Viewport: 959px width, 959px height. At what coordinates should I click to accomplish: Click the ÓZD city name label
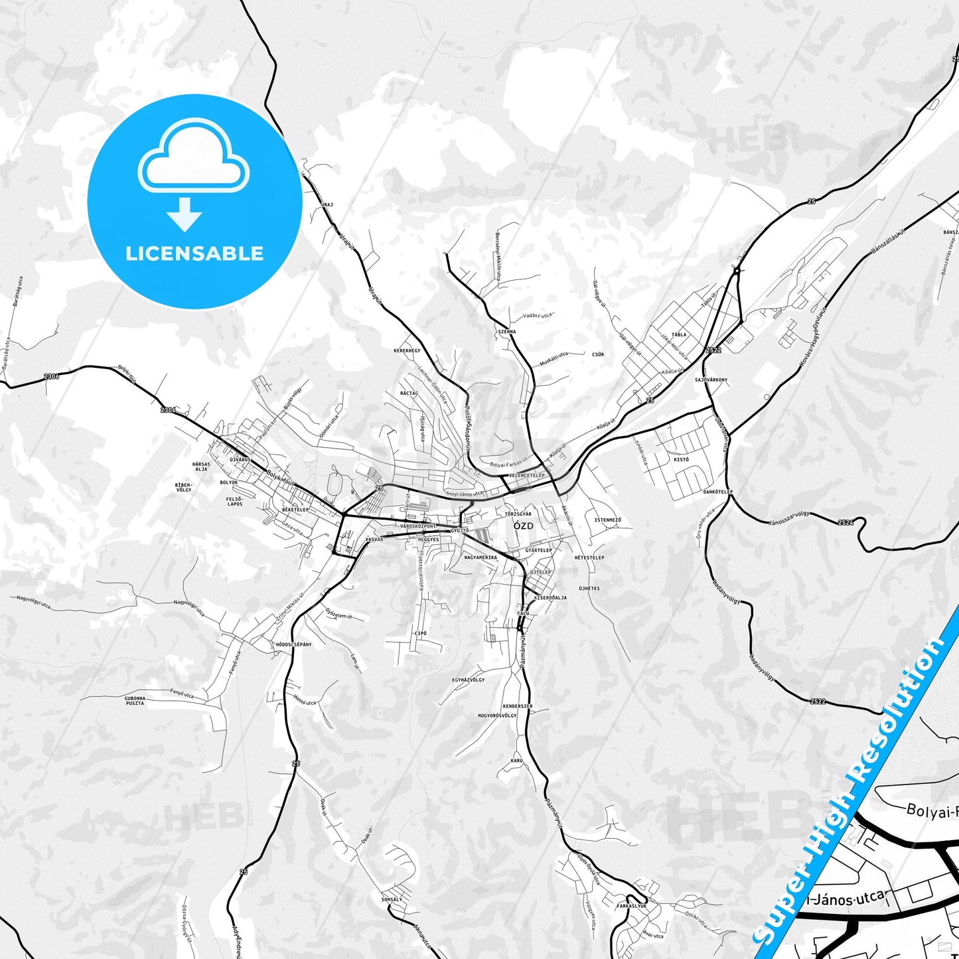(524, 526)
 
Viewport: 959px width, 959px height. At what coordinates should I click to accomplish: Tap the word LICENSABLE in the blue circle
(194, 254)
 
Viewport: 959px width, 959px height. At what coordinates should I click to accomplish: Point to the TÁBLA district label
(679, 334)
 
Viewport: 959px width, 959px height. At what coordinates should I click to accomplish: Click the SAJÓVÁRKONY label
(711, 380)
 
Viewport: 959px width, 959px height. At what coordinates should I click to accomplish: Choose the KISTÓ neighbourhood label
(682, 459)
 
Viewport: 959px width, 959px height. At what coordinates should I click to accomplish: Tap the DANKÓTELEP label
(718, 492)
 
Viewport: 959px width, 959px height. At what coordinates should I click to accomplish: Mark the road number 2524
(846, 523)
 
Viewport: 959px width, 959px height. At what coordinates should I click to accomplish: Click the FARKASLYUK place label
(631, 905)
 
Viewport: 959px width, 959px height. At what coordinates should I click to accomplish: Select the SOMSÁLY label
(392, 899)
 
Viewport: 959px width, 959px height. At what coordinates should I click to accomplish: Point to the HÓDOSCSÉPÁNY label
(293, 644)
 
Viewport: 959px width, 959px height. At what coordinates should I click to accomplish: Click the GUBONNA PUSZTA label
(135, 700)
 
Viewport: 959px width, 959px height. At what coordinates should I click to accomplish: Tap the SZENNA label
(506, 331)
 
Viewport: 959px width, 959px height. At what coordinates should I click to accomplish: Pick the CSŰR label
(598, 354)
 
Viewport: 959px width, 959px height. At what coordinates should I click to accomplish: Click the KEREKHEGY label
(407, 350)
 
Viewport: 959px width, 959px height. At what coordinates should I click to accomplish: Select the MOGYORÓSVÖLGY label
(497, 716)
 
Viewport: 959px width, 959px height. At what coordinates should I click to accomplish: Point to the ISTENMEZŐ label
(607, 520)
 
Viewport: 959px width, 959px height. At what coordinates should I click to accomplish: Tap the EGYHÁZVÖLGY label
(469, 680)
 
